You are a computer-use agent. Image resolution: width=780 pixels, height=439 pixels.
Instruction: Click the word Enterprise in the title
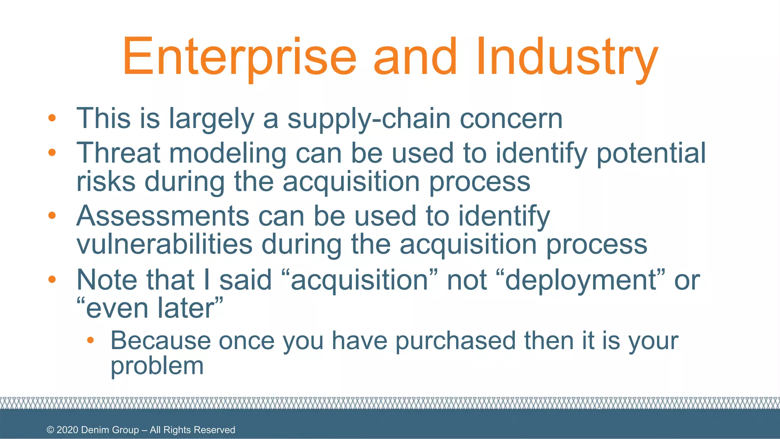[x=239, y=57]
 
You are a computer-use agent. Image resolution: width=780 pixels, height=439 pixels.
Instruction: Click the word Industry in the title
[x=567, y=57]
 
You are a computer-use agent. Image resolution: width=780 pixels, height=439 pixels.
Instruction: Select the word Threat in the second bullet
[x=118, y=153]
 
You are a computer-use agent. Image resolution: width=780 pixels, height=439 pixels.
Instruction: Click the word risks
[x=106, y=181]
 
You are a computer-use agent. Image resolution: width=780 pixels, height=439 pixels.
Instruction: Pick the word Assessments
[x=163, y=216]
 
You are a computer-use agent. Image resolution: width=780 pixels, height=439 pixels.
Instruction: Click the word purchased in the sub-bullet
[x=456, y=340]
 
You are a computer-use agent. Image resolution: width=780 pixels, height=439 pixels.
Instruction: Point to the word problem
[x=157, y=366]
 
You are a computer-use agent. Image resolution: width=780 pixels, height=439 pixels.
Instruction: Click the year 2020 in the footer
[x=67, y=430]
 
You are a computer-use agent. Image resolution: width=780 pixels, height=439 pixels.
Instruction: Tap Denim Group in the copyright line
[x=110, y=430]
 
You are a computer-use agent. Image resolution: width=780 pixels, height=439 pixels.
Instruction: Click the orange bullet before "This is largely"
[x=52, y=118]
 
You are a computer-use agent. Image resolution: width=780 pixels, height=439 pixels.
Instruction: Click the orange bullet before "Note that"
[x=52, y=280]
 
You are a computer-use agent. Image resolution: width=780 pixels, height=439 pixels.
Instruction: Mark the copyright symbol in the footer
[x=50, y=430]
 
